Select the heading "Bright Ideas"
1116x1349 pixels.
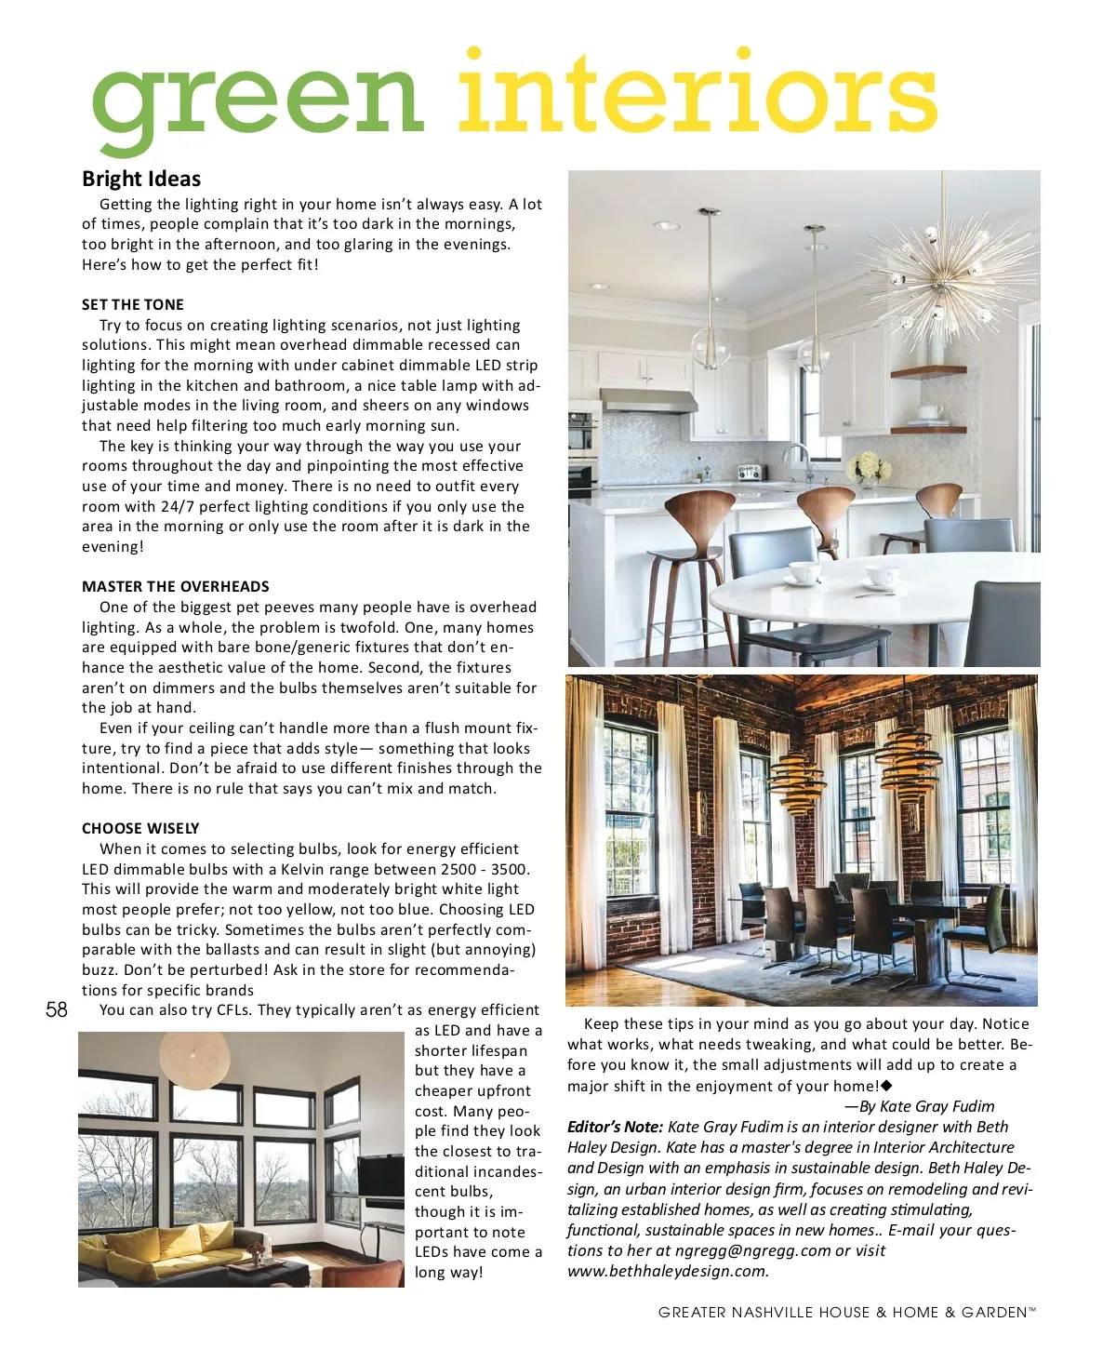tap(141, 179)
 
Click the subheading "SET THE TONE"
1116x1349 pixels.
tap(133, 304)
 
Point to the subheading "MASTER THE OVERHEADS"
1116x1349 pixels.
tap(176, 586)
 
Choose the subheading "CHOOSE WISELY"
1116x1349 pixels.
tap(140, 828)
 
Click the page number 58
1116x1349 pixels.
tap(57, 1009)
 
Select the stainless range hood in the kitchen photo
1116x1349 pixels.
tap(648, 401)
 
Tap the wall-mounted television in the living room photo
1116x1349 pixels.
tap(380, 1174)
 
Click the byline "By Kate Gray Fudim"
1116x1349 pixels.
tap(926, 1106)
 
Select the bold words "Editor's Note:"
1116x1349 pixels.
tap(615, 1127)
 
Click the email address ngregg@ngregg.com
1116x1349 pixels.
tap(752, 1250)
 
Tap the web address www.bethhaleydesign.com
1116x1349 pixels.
tap(668, 1271)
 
